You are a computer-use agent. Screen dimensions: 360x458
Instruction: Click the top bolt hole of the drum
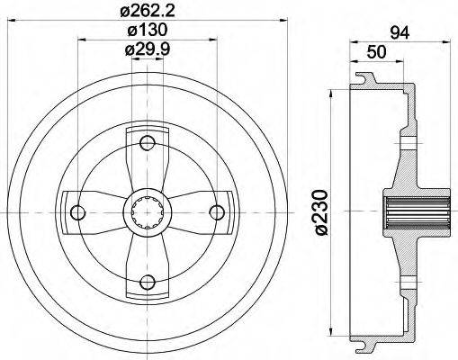(148, 140)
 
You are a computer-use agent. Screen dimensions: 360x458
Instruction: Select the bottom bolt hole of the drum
(148, 283)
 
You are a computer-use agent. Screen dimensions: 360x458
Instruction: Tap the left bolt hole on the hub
(76, 212)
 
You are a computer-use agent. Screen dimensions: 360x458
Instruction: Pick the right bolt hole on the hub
(217, 212)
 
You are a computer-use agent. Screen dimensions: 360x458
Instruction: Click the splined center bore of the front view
(148, 213)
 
